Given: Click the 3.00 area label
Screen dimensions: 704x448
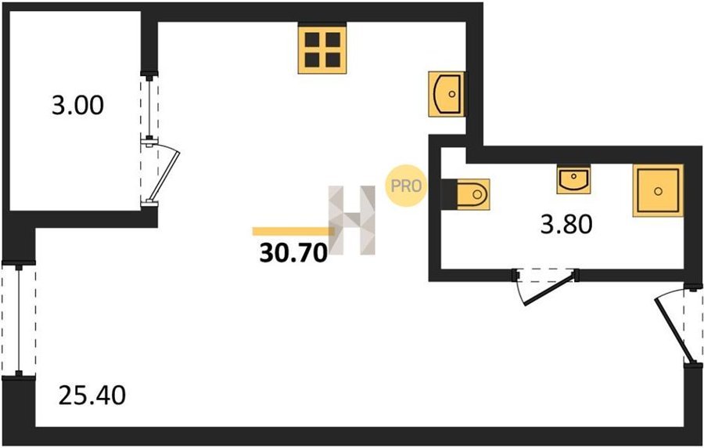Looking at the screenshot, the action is pyautogui.click(x=77, y=106).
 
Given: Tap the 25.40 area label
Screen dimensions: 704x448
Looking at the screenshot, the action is pyautogui.click(x=92, y=396).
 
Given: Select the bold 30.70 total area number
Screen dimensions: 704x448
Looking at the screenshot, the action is pyautogui.click(x=293, y=254).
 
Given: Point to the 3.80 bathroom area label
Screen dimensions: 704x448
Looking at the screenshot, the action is pyautogui.click(x=566, y=225).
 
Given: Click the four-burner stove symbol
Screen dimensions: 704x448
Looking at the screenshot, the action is pyautogui.click(x=322, y=49).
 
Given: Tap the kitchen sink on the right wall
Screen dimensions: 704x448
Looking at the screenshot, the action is pyautogui.click(x=447, y=94).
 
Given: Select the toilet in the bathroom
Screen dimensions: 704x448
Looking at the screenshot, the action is pyautogui.click(x=472, y=194).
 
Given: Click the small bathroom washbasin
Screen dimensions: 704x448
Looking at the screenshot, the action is pyautogui.click(x=573, y=179).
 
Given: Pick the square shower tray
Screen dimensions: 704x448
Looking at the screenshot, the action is pyautogui.click(x=658, y=190).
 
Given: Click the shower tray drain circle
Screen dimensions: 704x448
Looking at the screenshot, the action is pyautogui.click(x=658, y=191).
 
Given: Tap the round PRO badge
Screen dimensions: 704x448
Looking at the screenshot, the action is pyautogui.click(x=405, y=186).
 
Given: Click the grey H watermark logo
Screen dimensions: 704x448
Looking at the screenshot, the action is pyautogui.click(x=352, y=220).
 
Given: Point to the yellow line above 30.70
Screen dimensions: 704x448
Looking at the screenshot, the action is pyautogui.click(x=293, y=231).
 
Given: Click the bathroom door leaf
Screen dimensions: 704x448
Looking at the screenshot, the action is pyautogui.click(x=550, y=288).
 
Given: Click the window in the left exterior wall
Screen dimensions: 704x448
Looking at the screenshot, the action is pyautogui.click(x=19, y=320).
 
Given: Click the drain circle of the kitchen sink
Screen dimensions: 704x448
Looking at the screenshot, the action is pyautogui.click(x=452, y=94).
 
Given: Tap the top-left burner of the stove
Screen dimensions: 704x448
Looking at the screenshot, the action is pyautogui.click(x=312, y=39).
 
